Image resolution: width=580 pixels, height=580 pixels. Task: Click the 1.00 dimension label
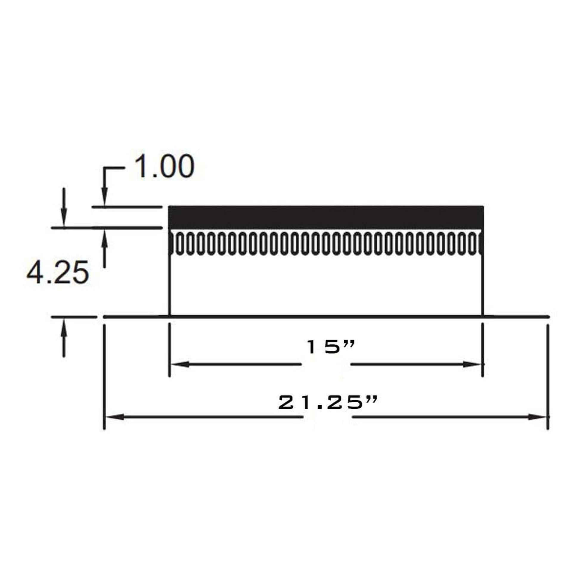(x=164, y=167)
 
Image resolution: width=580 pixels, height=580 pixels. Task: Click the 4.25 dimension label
(x=58, y=273)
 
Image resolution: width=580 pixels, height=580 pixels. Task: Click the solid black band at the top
(x=326, y=217)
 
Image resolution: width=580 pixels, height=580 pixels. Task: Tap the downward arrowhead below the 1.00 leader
(x=105, y=197)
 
